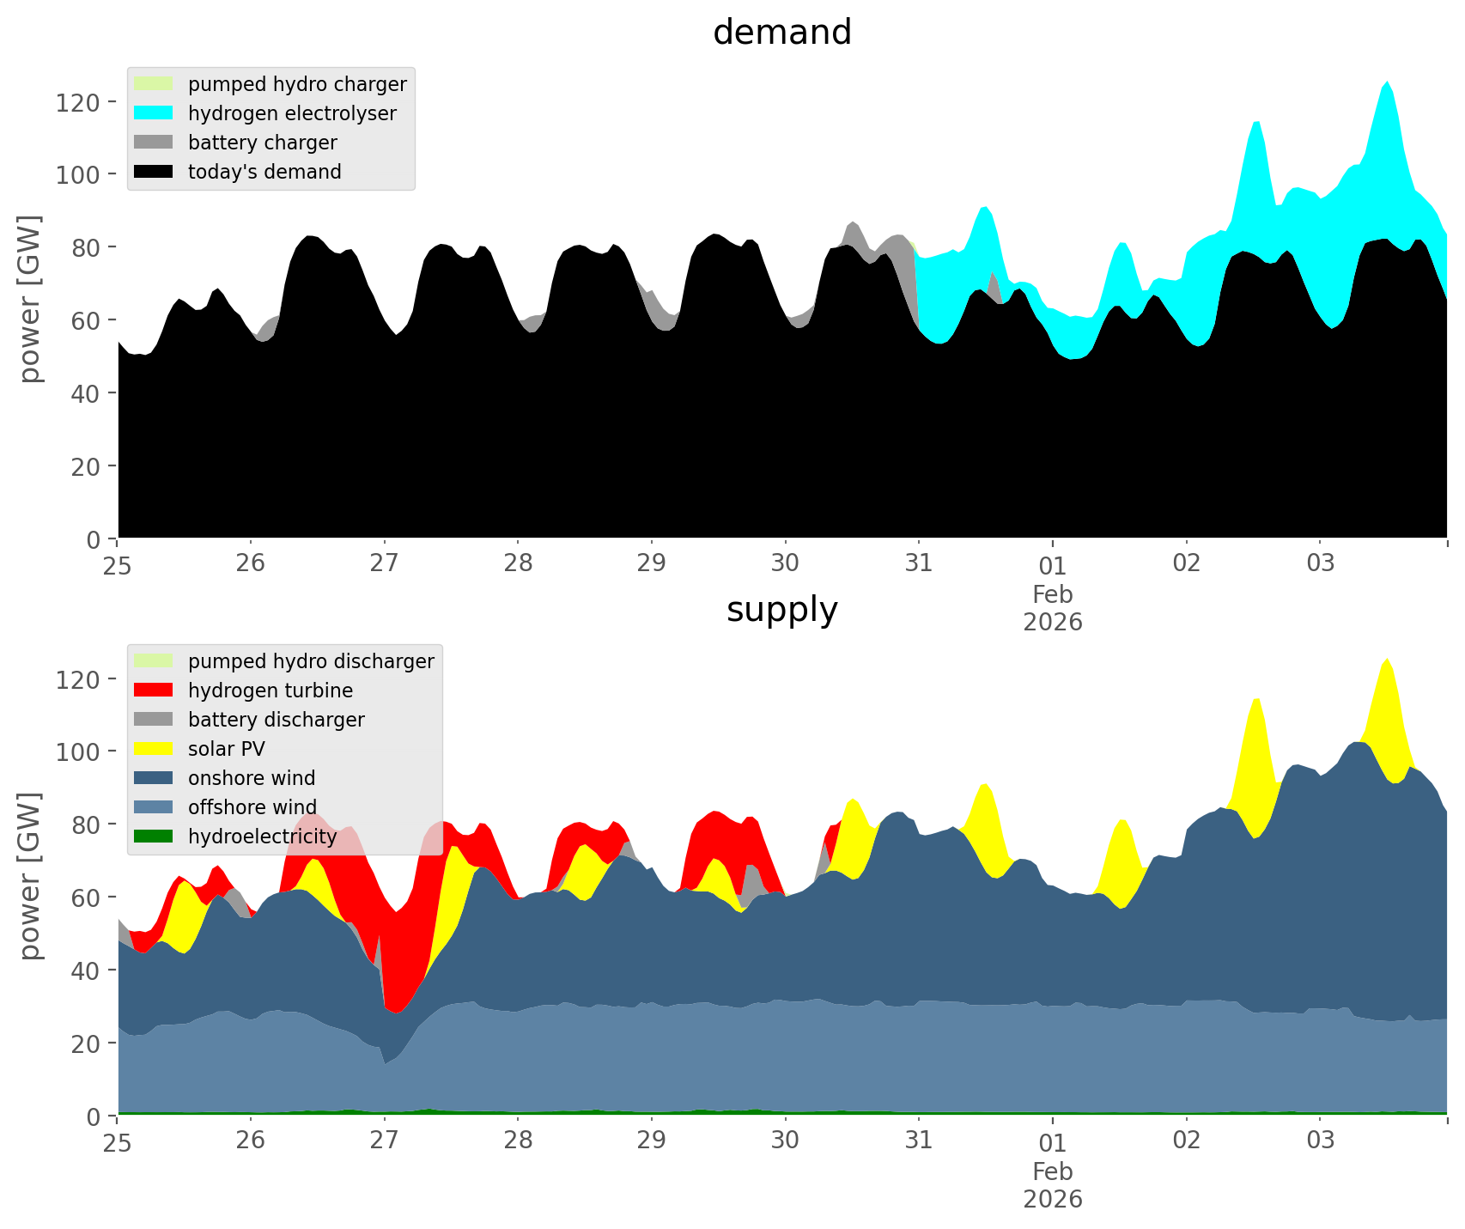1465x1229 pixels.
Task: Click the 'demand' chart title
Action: point(781,33)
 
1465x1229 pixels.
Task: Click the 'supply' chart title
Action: point(781,610)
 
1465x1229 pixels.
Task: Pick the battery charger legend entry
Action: point(262,143)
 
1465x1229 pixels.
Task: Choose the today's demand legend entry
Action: point(264,172)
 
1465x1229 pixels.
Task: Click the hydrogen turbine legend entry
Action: point(270,691)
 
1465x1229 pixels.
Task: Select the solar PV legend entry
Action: point(227,749)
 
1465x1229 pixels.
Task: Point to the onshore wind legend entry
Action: point(252,778)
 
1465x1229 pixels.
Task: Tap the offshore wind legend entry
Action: point(252,807)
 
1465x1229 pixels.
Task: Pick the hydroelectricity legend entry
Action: point(262,837)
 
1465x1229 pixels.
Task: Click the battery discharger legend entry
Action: point(276,720)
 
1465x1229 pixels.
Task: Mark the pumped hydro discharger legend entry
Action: point(311,661)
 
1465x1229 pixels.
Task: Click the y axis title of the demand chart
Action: point(30,299)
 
